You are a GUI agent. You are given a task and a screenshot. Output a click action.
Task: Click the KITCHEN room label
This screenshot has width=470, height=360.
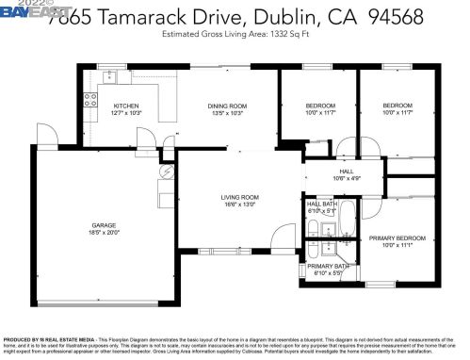click(126, 106)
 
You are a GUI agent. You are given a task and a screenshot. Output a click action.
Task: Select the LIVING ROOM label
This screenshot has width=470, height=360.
click(239, 197)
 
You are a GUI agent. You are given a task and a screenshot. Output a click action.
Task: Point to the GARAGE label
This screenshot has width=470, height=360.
click(104, 225)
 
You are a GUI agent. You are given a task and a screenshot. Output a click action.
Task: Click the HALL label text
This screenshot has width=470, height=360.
click(347, 172)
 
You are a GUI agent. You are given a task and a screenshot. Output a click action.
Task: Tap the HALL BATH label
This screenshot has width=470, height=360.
click(321, 204)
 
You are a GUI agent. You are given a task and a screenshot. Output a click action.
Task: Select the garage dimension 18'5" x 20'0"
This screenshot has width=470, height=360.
click(104, 232)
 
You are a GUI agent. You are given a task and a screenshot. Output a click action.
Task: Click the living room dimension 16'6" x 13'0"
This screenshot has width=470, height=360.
click(239, 204)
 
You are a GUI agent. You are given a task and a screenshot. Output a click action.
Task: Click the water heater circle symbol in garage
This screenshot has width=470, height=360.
click(166, 172)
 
